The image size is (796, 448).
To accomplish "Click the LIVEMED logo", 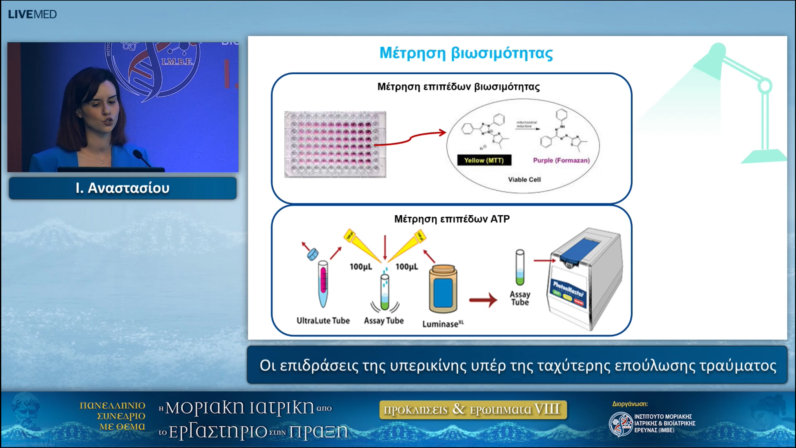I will (x=32, y=14).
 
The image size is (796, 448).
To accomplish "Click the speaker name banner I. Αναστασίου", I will (x=123, y=188).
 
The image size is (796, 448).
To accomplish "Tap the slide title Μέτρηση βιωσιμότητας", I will (x=466, y=53).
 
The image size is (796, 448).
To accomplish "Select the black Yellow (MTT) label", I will (x=484, y=160).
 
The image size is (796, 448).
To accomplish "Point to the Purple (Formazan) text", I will (x=561, y=160).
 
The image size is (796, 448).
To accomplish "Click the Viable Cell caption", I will (x=524, y=180).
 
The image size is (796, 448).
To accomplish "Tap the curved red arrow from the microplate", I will (x=410, y=138).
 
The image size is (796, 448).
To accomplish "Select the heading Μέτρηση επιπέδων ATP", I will (x=452, y=219).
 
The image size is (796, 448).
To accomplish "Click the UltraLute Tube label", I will (x=323, y=320).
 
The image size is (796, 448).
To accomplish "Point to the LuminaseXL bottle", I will (x=443, y=289).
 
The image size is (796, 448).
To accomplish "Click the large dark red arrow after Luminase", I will (x=483, y=300).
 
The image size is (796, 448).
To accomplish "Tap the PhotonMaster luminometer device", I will (x=585, y=280).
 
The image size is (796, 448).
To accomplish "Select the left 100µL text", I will (x=361, y=267).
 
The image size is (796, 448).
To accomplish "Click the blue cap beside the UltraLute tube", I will (x=313, y=254).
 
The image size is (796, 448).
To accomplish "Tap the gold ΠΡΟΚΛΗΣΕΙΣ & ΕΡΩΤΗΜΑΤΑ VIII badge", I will (x=473, y=409).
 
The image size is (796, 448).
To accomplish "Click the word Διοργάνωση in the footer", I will (x=630, y=404).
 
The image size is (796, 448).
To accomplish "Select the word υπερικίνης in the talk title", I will (x=428, y=366).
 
